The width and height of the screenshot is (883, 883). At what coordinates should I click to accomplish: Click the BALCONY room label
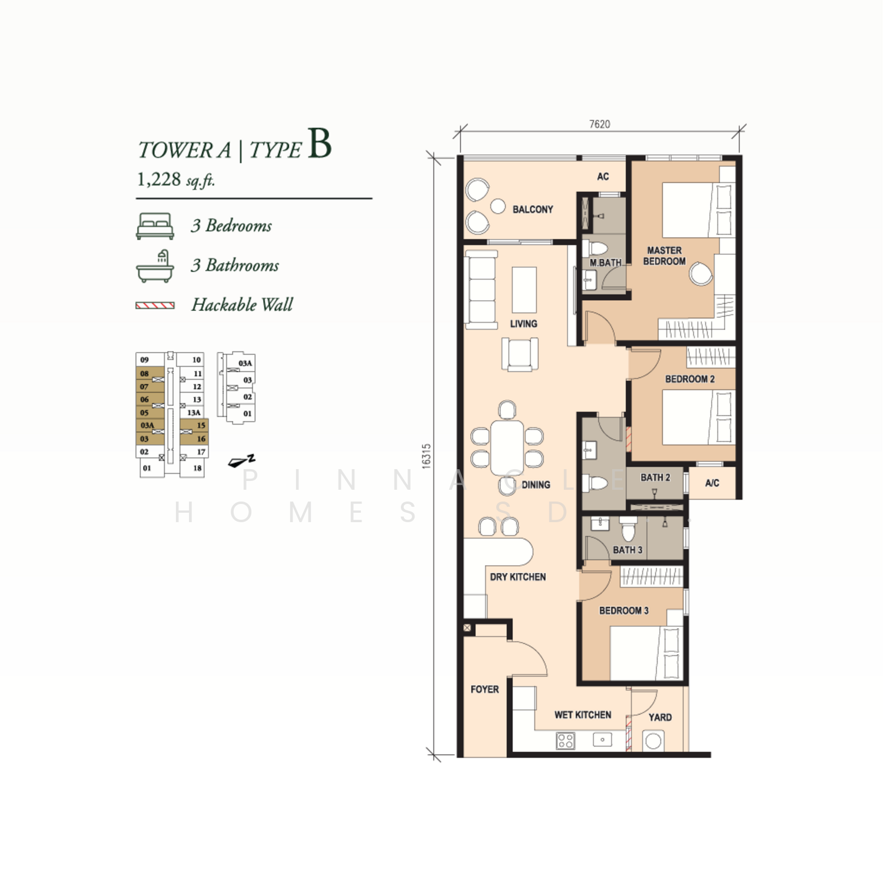click(533, 210)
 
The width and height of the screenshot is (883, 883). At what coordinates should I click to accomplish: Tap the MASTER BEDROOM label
click(664, 256)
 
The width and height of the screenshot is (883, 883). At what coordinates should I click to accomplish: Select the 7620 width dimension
click(600, 124)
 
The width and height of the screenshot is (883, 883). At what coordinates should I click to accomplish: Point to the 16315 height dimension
click(426, 456)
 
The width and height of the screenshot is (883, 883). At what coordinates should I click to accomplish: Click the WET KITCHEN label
click(583, 715)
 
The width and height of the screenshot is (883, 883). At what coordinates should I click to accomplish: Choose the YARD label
click(660, 717)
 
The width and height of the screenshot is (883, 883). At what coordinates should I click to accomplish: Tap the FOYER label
click(484, 689)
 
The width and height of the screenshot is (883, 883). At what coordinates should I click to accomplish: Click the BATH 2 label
click(655, 477)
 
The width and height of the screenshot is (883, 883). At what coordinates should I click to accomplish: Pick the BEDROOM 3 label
click(624, 610)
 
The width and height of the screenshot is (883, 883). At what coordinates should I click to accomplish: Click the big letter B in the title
click(320, 144)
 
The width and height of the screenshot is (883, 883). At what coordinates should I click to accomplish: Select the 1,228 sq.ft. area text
click(176, 180)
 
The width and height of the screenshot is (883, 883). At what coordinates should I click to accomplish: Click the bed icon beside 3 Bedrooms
click(155, 226)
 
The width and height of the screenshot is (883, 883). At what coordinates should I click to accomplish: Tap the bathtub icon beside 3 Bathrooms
click(155, 267)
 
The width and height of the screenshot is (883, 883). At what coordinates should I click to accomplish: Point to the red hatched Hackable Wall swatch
click(155, 306)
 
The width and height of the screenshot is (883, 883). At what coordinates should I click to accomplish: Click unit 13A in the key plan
click(194, 413)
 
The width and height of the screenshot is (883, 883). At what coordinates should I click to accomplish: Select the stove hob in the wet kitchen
click(565, 741)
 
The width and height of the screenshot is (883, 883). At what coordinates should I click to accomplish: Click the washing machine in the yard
click(653, 741)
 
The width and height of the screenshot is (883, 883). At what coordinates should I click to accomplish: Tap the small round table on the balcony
click(498, 206)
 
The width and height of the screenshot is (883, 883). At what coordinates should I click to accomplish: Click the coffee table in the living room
click(524, 290)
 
